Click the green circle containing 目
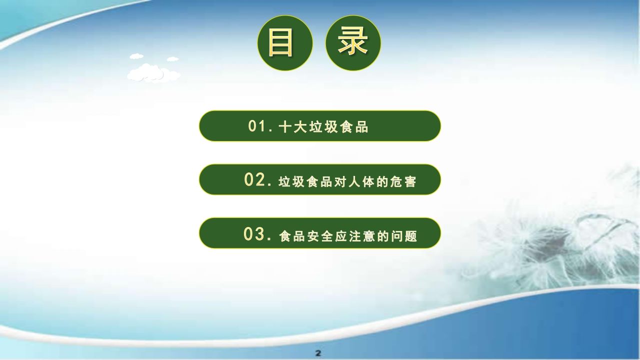point(285,43)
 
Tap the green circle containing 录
point(353,43)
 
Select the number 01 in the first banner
point(256,126)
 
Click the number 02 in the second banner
point(255,179)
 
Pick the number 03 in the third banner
point(254,234)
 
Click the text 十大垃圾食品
point(323,126)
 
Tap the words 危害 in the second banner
point(403,181)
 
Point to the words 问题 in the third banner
point(404,236)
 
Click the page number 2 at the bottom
point(318,353)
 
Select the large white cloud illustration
point(153,73)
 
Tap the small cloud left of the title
point(136,56)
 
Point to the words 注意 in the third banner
point(361,236)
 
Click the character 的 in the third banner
point(383,236)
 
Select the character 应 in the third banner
point(340,236)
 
